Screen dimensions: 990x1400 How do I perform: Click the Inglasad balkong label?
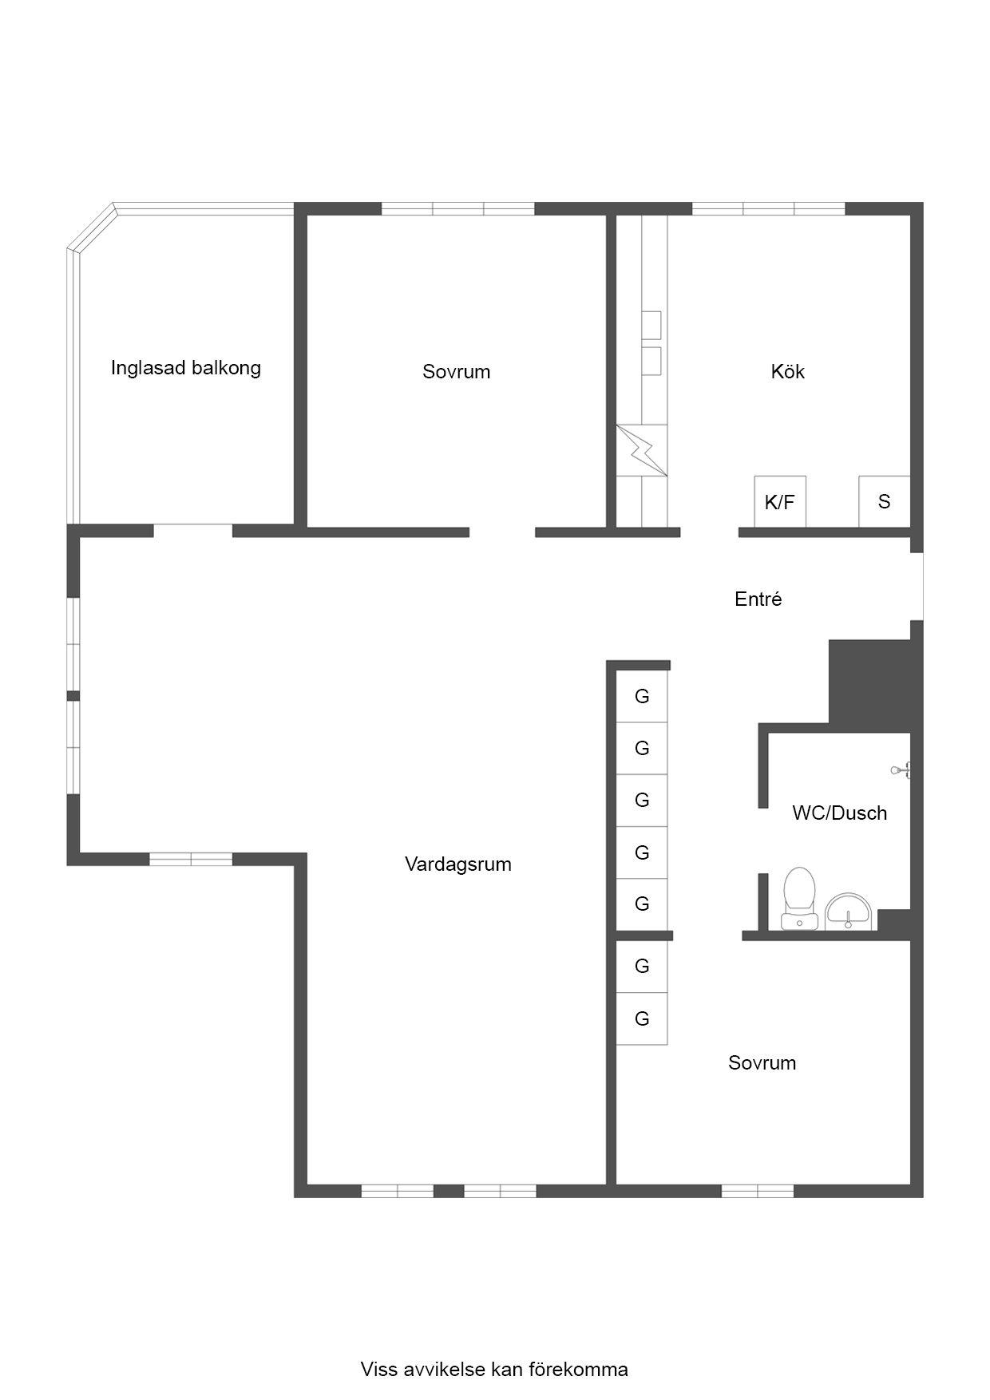click(186, 368)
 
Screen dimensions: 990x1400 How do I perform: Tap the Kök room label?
click(787, 371)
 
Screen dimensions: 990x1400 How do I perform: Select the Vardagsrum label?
click(457, 864)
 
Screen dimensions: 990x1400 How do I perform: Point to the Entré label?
click(758, 599)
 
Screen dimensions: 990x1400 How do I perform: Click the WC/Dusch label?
click(839, 813)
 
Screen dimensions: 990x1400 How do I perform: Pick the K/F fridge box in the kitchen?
click(780, 502)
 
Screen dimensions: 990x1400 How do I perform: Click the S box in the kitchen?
click(884, 502)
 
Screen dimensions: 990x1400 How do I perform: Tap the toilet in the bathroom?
click(799, 899)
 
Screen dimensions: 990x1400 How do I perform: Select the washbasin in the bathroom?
click(849, 912)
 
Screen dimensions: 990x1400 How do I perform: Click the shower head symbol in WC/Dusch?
click(901, 770)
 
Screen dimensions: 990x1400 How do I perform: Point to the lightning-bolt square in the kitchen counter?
click(641, 450)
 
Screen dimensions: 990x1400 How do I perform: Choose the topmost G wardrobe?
click(641, 697)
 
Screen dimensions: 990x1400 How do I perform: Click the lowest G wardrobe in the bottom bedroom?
click(641, 1018)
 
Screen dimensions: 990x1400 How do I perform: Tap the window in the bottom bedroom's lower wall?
click(758, 1191)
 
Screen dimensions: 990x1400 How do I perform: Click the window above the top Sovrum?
click(457, 209)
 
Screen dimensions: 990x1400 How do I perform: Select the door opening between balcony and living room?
click(193, 530)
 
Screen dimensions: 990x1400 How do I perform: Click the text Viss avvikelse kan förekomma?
click(494, 1370)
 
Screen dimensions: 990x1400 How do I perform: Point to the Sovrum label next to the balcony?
click(456, 371)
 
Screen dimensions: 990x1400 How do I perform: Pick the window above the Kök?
click(768, 209)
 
